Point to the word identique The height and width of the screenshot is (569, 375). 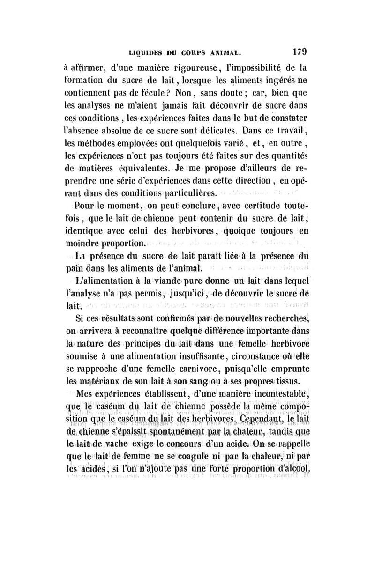pos(83,229)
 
